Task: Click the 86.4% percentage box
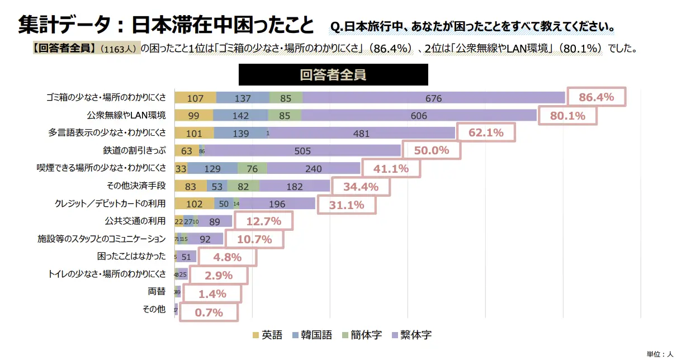pyautogui.click(x=596, y=97)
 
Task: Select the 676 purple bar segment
pyautogui.click(x=433, y=98)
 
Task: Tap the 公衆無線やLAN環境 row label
pyautogui.click(x=126, y=116)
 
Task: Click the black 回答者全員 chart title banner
pyautogui.click(x=333, y=75)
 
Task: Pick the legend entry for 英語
pyautogui.click(x=268, y=335)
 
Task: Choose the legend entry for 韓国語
pyautogui.click(x=312, y=335)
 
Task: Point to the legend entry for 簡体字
pyautogui.click(x=362, y=335)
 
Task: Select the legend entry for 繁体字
pyautogui.click(x=411, y=335)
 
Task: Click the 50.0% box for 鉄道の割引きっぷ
pyautogui.click(x=432, y=150)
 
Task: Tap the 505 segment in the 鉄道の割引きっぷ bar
pyautogui.click(x=302, y=150)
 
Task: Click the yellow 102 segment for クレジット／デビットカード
pyautogui.click(x=194, y=204)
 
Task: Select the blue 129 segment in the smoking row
pyautogui.click(x=212, y=169)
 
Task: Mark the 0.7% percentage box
pyautogui.click(x=209, y=312)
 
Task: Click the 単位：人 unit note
pyautogui.click(x=660, y=354)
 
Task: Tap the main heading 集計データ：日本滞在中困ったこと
pyautogui.click(x=166, y=25)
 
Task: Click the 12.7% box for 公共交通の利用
pyautogui.click(x=263, y=221)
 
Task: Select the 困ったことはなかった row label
pyautogui.click(x=131, y=256)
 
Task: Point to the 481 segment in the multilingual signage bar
pyautogui.click(x=362, y=134)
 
